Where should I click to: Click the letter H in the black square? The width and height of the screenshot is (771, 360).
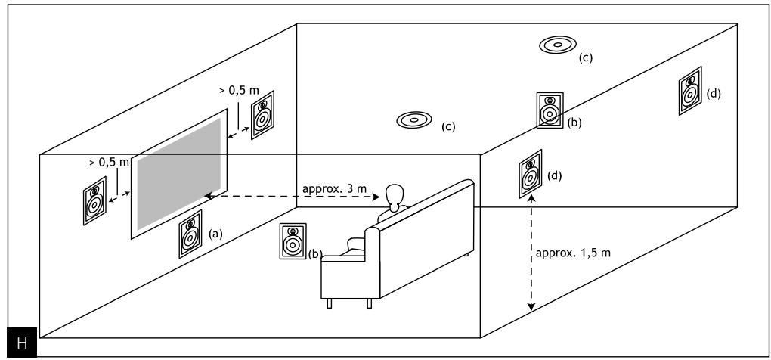[x=22, y=343]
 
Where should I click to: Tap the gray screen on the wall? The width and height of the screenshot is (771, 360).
[x=179, y=174]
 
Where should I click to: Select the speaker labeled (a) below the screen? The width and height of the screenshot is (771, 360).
[x=190, y=234]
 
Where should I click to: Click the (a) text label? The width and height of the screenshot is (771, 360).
[x=215, y=234]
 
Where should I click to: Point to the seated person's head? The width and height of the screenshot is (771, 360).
[x=395, y=195]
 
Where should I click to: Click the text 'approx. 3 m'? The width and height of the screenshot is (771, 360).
[x=334, y=188]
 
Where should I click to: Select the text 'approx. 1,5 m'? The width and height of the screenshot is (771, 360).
[x=573, y=253]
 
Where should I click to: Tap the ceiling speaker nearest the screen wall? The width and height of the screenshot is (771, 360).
[x=414, y=119]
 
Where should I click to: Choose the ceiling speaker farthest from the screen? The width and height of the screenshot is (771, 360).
[x=558, y=45]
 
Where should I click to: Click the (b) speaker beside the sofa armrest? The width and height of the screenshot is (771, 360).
[x=293, y=241]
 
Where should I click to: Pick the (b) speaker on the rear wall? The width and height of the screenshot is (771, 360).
[x=550, y=110]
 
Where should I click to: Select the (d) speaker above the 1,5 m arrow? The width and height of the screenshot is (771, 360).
[x=530, y=174]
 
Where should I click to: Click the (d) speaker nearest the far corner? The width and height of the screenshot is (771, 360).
[x=690, y=91]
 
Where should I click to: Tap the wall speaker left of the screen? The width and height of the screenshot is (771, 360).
[x=94, y=200]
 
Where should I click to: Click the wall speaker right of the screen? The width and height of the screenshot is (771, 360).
[x=262, y=115]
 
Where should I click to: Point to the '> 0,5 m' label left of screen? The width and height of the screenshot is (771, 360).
[x=109, y=162]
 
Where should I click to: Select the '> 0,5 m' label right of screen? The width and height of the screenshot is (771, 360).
[x=239, y=91]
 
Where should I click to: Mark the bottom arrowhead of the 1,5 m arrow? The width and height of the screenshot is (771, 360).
[x=531, y=307]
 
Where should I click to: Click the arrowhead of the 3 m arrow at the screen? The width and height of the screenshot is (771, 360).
[x=208, y=196]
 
